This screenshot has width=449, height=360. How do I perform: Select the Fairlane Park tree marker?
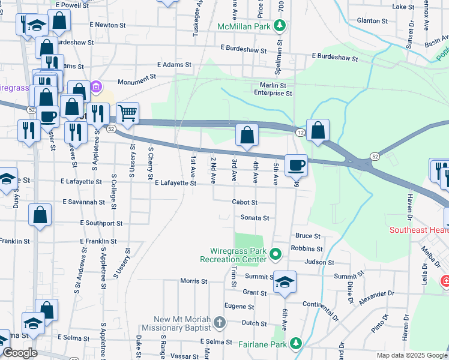(295, 343)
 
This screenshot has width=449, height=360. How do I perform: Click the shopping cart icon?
(127, 112)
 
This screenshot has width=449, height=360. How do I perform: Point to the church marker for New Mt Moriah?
(219, 323)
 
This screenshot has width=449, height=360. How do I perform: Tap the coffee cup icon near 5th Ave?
(296, 164)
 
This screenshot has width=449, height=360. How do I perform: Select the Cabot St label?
(244, 203)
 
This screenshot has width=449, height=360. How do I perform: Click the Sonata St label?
(255, 218)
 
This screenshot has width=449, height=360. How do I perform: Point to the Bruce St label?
(307, 236)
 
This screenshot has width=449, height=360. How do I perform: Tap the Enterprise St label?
(273, 94)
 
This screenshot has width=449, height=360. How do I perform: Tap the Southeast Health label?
(418, 230)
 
